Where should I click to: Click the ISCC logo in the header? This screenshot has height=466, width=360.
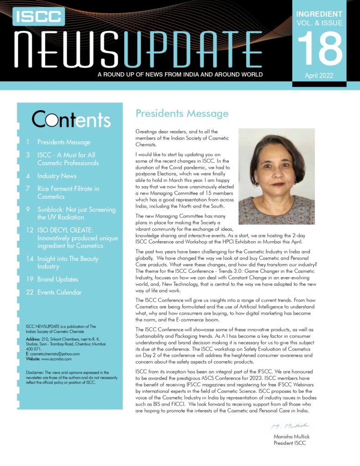pyautogui.click(x=39, y=16)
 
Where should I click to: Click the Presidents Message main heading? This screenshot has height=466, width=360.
pyautogui.click(x=182, y=113)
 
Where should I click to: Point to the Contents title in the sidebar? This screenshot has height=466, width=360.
pyautogui.click(x=71, y=119)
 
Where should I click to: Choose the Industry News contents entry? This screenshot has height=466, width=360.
pyautogui.click(x=57, y=176)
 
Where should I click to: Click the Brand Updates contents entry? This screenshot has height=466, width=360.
pyautogui.click(x=58, y=279)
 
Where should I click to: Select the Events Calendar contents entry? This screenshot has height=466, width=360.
pyautogui.click(x=60, y=292)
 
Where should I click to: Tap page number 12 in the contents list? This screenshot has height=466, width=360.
pyautogui.click(x=30, y=230)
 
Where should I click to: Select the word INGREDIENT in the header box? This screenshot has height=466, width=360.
pyautogui.click(x=319, y=14)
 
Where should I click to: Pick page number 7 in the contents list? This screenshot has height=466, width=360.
pyautogui.click(x=28, y=188)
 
